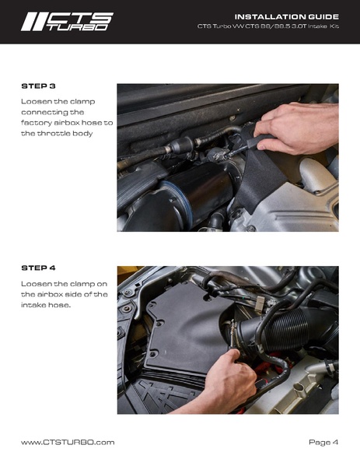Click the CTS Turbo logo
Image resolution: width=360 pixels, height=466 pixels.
(x=67, y=22)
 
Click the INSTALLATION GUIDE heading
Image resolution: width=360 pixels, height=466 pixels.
(x=287, y=16)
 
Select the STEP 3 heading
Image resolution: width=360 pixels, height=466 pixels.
(x=38, y=86)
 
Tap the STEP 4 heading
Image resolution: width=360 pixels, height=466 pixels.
(x=38, y=268)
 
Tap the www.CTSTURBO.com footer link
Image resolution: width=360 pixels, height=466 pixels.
(x=68, y=442)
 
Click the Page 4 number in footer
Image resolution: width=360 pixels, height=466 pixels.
(x=323, y=442)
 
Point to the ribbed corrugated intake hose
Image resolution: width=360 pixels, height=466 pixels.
(x=287, y=330)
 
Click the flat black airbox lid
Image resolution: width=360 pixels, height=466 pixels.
(x=184, y=330)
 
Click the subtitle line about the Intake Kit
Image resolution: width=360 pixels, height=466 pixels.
(x=268, y=26)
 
